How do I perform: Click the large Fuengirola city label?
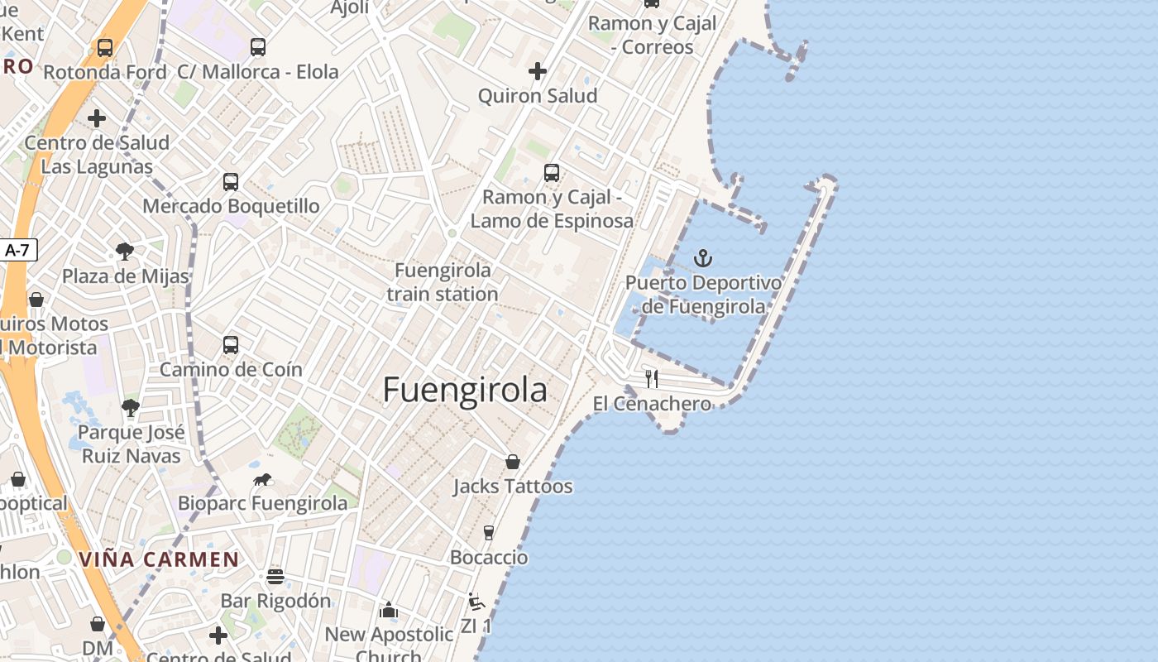click(465, 390)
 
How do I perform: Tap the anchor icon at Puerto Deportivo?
click(702, 258)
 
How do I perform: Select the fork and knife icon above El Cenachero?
click(652, 379)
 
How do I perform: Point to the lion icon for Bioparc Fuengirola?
click(262, 480)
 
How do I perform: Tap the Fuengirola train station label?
click(443, 282)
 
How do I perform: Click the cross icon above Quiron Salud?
click(538, 71)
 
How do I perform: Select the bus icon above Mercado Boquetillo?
click(231, 181)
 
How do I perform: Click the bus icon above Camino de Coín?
click(231, 344)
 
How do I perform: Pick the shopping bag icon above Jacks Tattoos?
click(513, 461)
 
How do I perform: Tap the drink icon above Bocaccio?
click(489, 532)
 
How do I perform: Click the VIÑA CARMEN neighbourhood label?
click(159, 559)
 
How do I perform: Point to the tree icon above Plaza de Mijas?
click(125, 251)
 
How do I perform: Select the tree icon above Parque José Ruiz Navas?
click(130, 407)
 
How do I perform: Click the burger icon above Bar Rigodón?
click(275, 576)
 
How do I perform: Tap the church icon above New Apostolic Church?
click(388, 611)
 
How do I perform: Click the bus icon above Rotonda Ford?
click(105, 48)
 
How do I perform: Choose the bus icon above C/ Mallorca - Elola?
click(258, 47)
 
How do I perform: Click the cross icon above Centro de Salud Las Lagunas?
click(97, 118)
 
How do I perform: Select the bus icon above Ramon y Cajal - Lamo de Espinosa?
click(552, 173)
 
